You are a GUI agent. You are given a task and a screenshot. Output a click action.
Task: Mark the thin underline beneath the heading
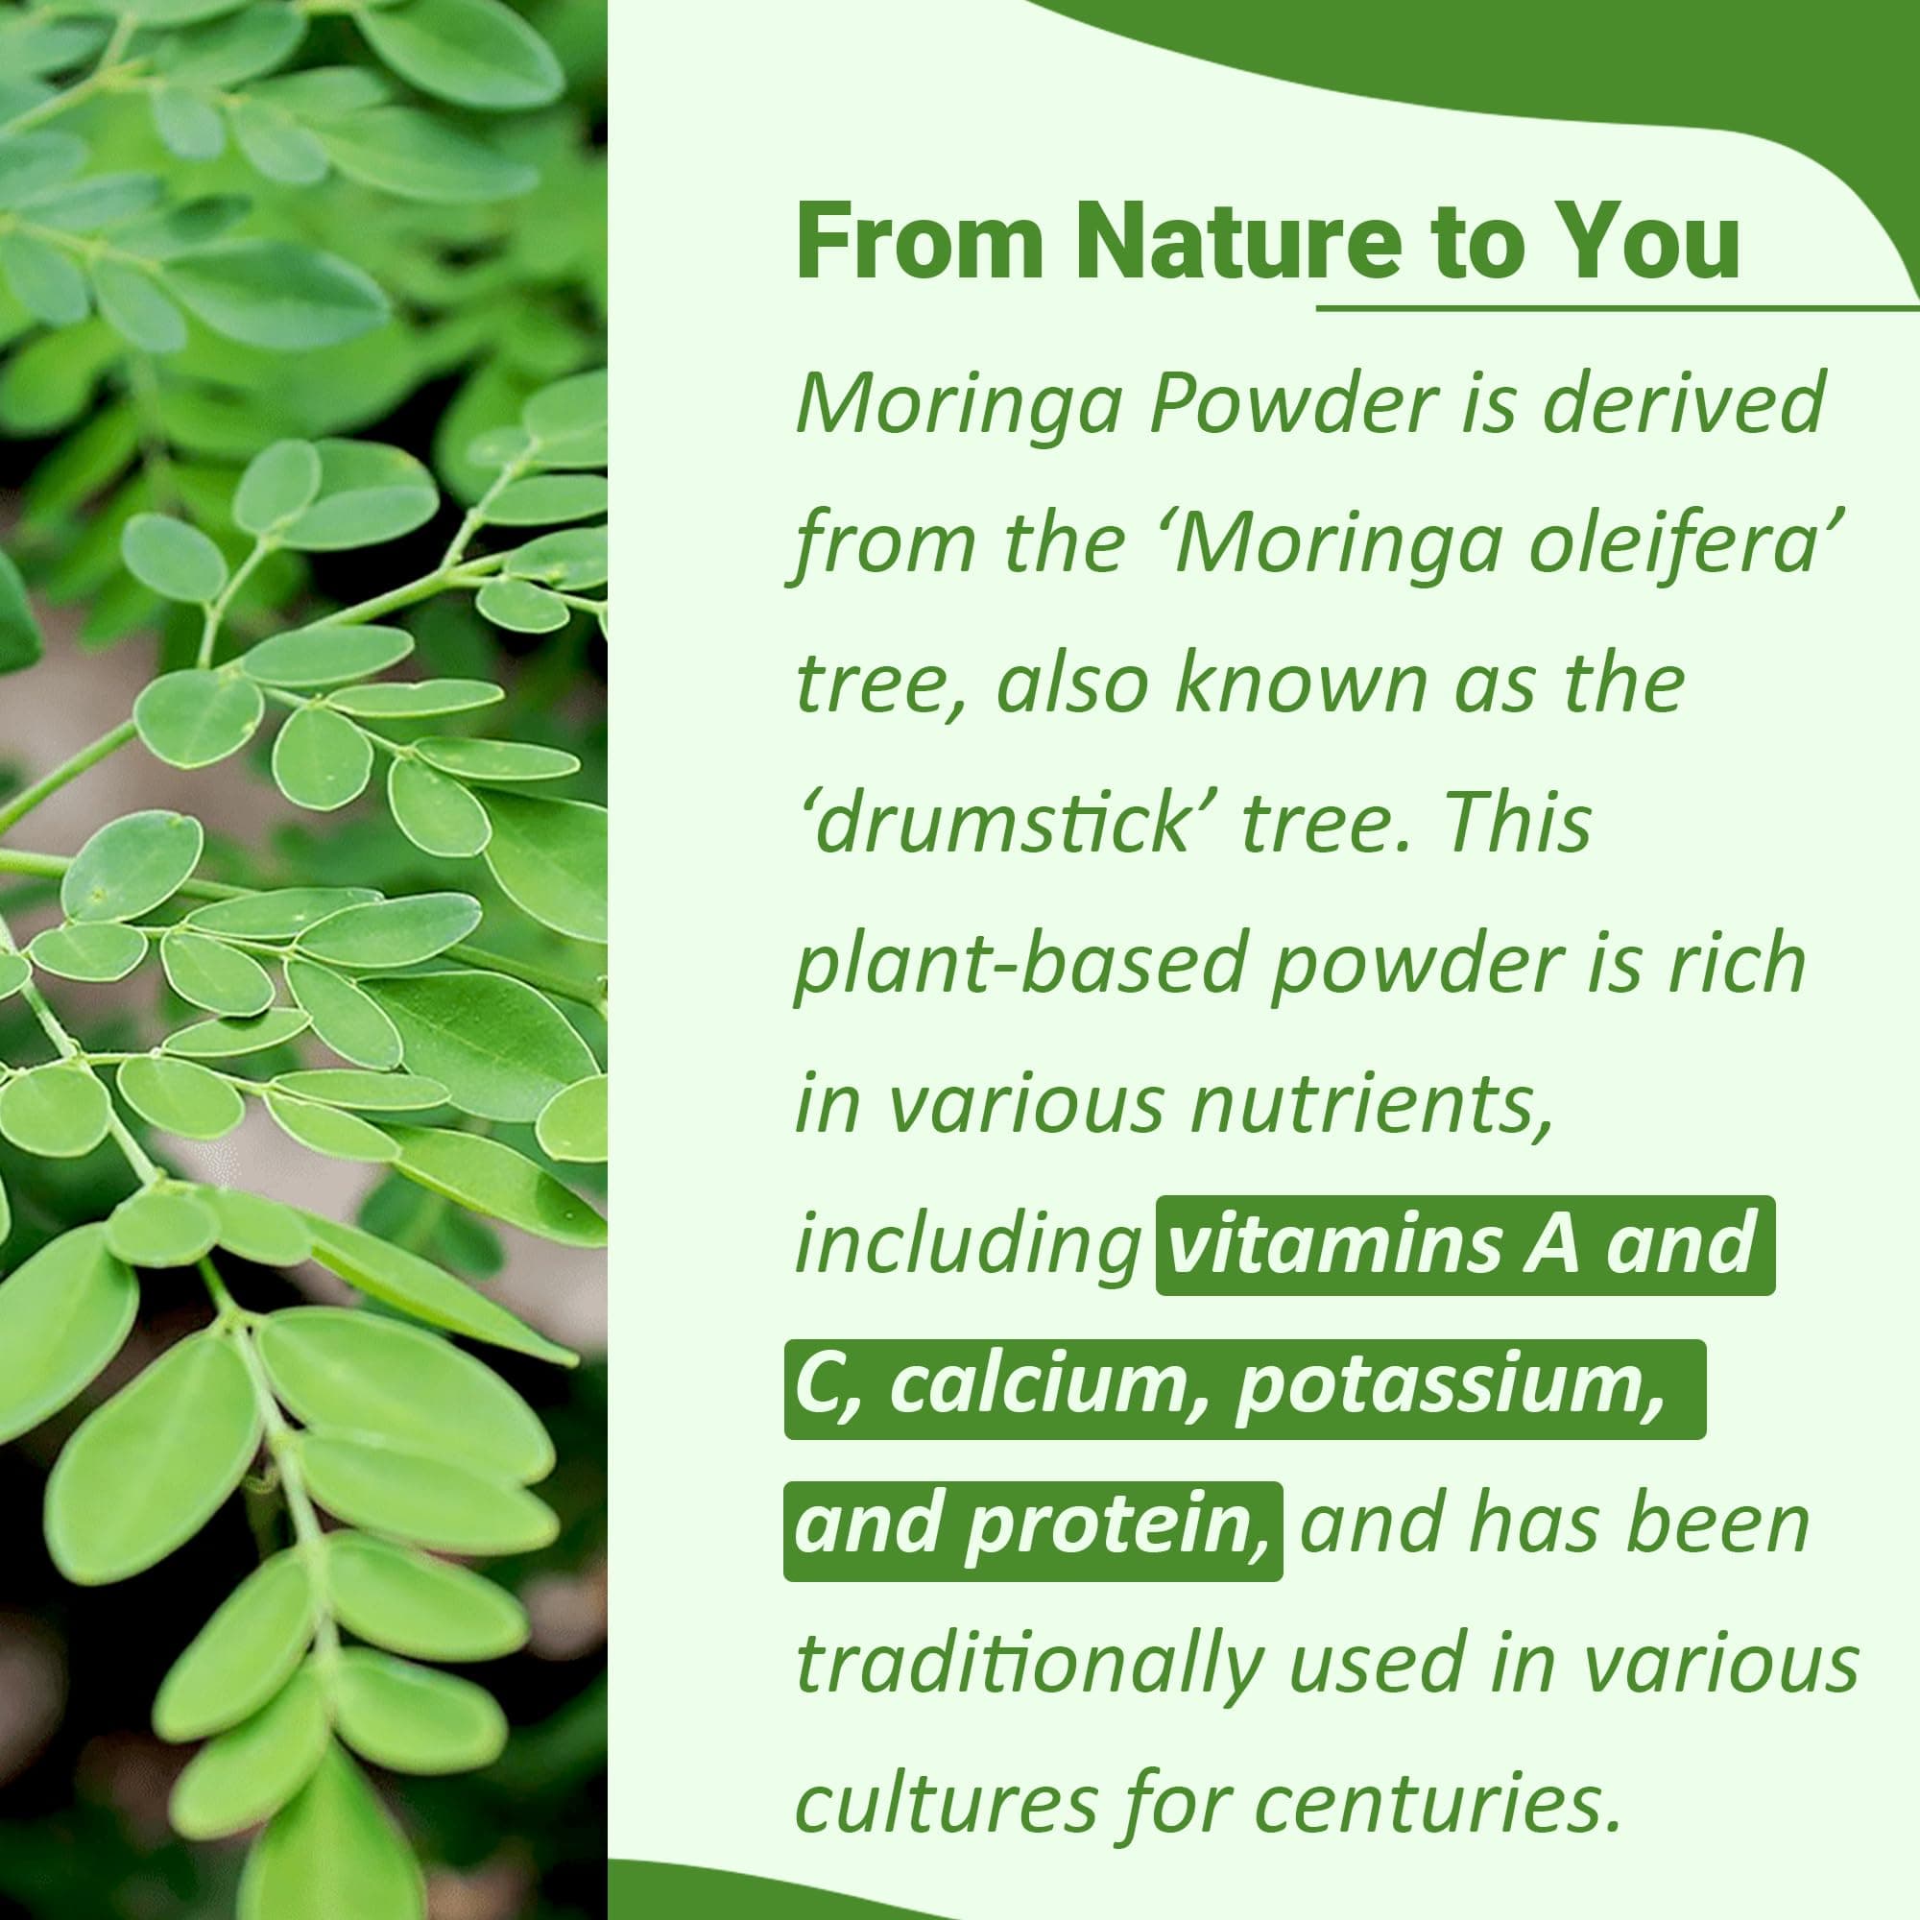coord(1618,308)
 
